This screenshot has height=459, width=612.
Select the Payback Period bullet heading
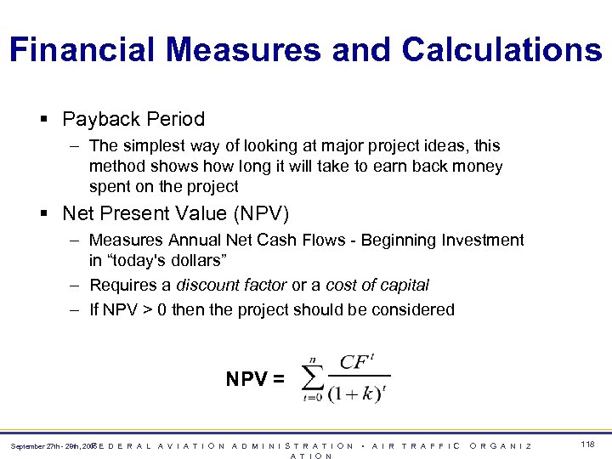pyautogui.click(x=133, y=119)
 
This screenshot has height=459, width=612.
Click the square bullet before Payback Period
pyautogui.click(x=42, y=120)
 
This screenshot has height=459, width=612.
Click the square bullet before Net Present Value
pyautogui.click(x=42, y=213)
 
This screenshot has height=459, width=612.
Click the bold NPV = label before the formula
pyautogui.click(x=255, y=379)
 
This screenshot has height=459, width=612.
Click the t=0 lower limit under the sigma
pyautogui.click(x=312, y=398)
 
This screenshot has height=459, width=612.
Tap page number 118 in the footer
pyautogui.click(x=587, y=445)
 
